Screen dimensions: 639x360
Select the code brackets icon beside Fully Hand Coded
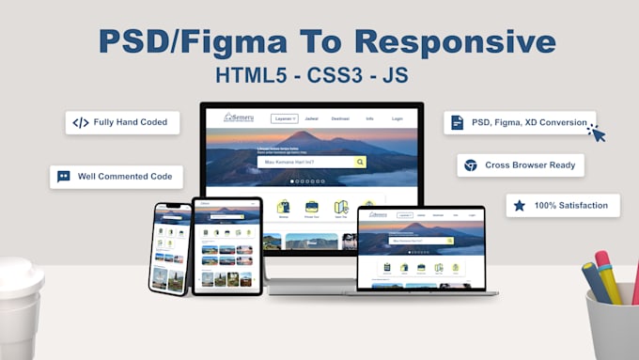point(81,122)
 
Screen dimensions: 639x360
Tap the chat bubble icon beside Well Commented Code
point(64,176)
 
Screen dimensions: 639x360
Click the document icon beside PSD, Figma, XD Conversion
point(457,122)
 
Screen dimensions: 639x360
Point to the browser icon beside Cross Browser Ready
point(471,164)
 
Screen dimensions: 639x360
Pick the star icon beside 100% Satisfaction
point(520,205)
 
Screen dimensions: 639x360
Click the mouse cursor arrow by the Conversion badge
point(597,133)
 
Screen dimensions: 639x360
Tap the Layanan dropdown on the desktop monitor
point(285,119)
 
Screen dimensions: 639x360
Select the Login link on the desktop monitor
point(397,119)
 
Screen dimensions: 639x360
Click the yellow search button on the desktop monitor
point(360,162)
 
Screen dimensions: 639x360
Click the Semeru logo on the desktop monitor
point(239,118)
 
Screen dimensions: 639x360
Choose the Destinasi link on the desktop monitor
point(340,119)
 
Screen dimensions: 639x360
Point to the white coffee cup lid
point(19,277)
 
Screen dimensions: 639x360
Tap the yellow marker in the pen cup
point(608,282)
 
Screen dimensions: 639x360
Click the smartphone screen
point(170,246)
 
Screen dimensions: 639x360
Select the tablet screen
point(226,243)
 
